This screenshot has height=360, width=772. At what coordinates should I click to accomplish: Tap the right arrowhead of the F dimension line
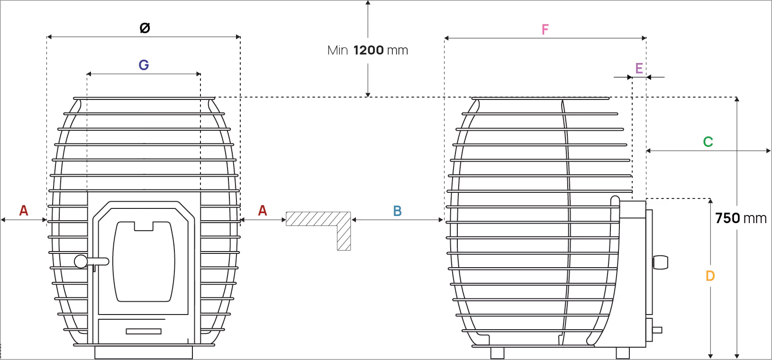point(644,38)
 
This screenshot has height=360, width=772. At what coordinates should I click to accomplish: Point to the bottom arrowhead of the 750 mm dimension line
point(737,356)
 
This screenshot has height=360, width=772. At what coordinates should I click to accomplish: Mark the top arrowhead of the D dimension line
point(710,201)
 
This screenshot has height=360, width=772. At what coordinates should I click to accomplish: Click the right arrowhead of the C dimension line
point(768,151)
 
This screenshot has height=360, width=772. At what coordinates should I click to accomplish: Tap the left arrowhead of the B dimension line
point(354,220)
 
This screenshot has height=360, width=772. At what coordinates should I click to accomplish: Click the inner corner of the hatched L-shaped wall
point(337,226)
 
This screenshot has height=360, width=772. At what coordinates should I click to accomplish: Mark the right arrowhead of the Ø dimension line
point(238,37)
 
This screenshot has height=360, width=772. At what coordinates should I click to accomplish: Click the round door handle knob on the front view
point(81,261)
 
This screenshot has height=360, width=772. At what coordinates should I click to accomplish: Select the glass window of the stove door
point(144,261)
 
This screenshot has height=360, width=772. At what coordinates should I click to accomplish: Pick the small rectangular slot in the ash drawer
point(144,332)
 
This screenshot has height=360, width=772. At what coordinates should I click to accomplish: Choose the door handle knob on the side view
point(661,262)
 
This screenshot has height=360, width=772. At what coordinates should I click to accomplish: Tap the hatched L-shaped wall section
point(318,231)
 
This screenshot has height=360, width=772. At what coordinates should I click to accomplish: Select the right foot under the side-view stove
point(623,353)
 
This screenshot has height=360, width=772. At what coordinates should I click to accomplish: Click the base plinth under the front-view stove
point(144,352)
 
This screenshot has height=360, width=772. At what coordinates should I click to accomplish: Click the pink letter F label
point(545,30)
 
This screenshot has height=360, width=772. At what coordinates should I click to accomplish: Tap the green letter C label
point(708,142)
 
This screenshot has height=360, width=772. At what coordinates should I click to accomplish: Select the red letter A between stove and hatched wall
point(263,210)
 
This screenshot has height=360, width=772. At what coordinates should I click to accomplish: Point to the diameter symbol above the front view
point(145,28)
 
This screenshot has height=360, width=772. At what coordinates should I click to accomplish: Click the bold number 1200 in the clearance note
point(368,50)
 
